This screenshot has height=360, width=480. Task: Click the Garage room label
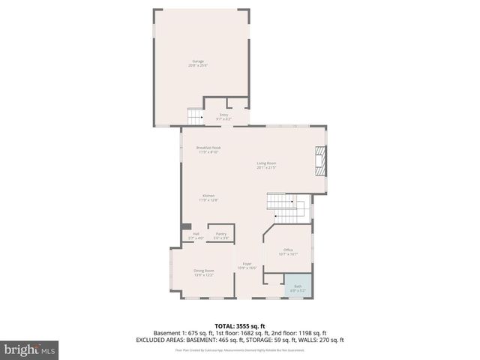point(198,61)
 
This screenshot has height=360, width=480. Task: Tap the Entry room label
point(223,115)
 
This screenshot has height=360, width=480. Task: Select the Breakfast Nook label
point(208,148)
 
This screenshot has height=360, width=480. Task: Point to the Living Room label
point(266,163)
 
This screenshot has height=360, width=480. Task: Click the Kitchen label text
point(198,196)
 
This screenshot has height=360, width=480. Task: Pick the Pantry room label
point(220,234)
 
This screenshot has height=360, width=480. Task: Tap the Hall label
point(196,234)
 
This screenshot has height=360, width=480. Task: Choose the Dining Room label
point(204,270)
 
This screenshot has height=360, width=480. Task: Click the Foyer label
point(247,264)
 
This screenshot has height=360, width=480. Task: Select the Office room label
point(288,250)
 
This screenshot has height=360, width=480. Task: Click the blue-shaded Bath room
point(297,288)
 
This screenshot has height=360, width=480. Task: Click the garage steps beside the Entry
point(195,116)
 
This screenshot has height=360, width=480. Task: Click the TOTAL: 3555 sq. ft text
point(239,325)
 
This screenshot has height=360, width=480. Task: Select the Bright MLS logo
point(29,349)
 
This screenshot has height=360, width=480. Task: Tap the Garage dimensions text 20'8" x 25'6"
point(198,66)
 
